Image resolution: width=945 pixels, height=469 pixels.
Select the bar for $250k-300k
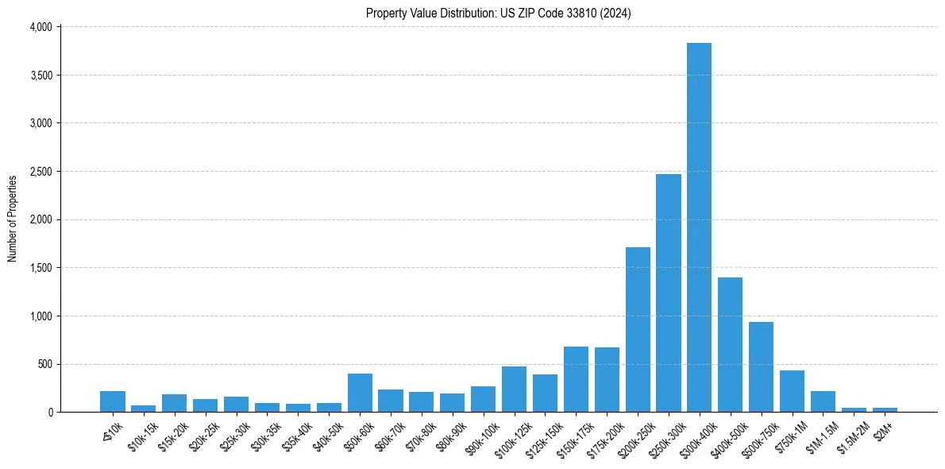point(668,293)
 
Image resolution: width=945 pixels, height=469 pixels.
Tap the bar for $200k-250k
point(638,330)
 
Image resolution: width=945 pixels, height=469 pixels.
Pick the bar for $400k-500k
point(730,345)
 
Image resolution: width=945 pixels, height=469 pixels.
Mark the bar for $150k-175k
point(576,379)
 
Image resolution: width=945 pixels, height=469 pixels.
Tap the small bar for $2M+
point(885,409)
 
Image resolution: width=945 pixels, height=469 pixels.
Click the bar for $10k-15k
point(144,409)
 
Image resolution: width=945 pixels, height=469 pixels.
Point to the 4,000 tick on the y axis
point(40,27)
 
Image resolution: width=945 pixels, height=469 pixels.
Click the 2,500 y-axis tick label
point(40,172)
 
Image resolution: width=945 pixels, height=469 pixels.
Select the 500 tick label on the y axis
point(44,364)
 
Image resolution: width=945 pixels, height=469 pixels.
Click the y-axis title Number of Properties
point(13,219)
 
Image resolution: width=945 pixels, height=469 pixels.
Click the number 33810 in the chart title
point(587,13)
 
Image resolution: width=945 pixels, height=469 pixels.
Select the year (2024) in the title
point(617,13)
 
